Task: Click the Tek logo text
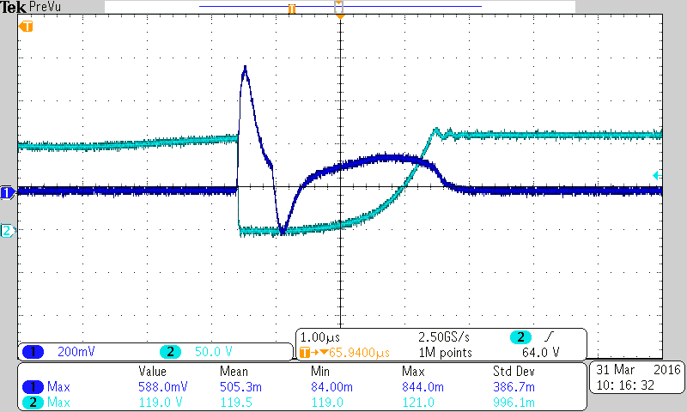[13, 7]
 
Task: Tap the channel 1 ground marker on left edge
[6, 192]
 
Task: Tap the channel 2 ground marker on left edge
[6, 231]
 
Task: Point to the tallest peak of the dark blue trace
[246, 67]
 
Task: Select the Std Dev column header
[512, 372]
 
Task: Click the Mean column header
[234, 372]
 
